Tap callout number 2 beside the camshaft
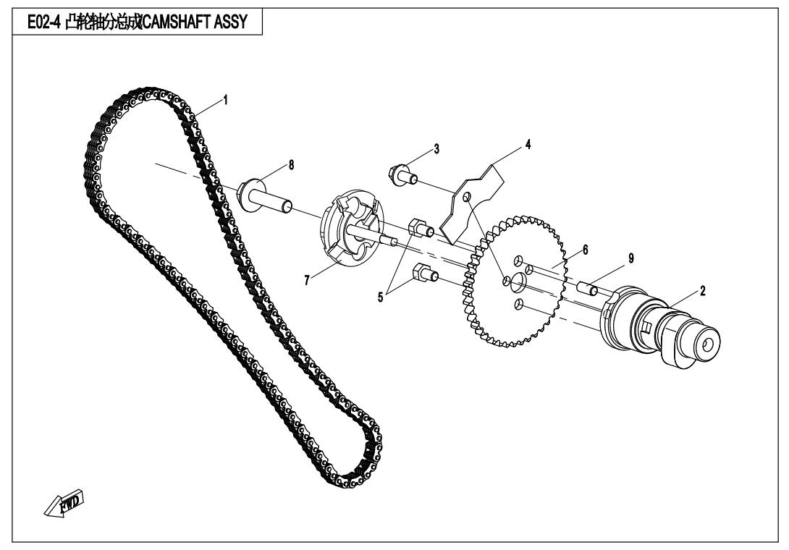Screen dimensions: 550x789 coord(703,290)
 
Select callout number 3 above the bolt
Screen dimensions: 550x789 coord(436,149)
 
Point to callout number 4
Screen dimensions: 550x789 coord(528,145)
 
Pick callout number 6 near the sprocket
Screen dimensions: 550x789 coord(585,248)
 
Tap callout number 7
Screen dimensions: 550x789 coord(308,280)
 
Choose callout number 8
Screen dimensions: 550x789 coord(292,165)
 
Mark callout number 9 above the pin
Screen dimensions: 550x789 coord(630,258)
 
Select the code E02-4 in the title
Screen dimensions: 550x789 coord(37,22)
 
